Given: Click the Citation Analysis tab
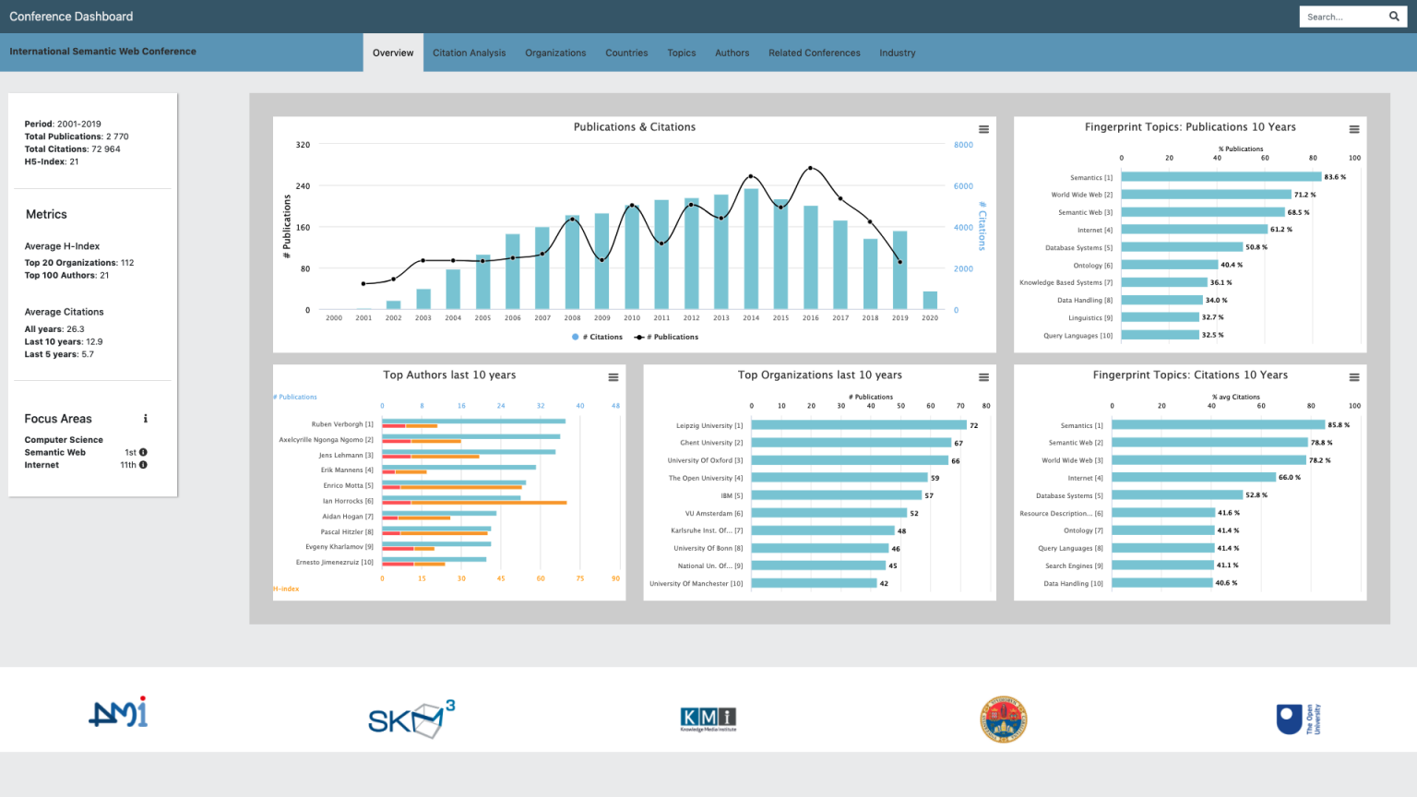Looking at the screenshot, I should (x=469, y=53).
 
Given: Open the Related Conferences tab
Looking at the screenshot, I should (x=814, y=53).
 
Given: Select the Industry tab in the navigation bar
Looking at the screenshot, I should (x=897, y=53).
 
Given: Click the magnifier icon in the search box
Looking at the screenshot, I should (x=1394, y=17).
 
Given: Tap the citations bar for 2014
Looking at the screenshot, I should (x=751, y=249).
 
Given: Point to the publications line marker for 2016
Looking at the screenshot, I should (x=811, y=168).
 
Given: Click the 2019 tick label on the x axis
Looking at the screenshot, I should (x=899, y=318).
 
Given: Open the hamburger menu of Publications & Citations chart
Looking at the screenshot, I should (x=983, y=129).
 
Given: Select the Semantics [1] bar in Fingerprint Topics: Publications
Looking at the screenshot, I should (x=1221, y=177).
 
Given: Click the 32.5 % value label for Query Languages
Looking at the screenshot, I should (x=1212, y=335).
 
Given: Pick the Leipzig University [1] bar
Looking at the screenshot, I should (x=858, y=425).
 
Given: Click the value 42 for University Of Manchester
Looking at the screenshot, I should (x=884, y=583).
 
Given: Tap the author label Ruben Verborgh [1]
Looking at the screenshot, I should (x=342, y=424).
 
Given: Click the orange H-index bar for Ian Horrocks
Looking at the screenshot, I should (x=474, y=503).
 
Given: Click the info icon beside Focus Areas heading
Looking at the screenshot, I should (x=146, y=419).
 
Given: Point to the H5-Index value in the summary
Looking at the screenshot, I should (x=74, y=161).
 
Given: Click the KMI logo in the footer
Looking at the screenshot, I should (x=708, y=719).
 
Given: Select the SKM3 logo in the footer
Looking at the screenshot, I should (x=411, y=719).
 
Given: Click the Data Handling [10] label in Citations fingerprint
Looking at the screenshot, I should (x=1073, y=583).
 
